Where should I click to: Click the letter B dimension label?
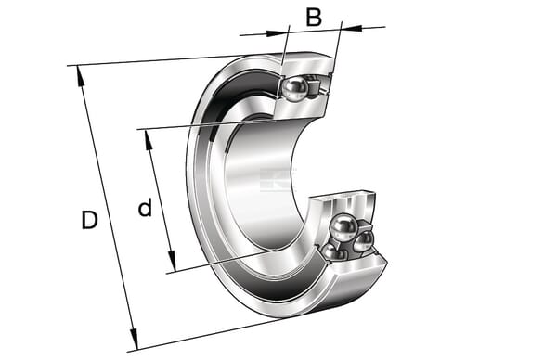[x=314, y=18]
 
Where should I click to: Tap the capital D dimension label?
[x=89, y=220]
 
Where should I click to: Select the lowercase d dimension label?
[x=145, y=208]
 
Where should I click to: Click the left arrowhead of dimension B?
[x=277, y=33]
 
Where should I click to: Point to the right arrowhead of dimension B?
[x=351, y=28]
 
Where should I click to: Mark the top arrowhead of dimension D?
[x=80, y=76]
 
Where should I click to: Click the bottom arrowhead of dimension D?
[x=134, y=339]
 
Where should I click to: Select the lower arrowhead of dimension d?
[x=172, y=261]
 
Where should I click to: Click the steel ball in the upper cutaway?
[x=294, y=90]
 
